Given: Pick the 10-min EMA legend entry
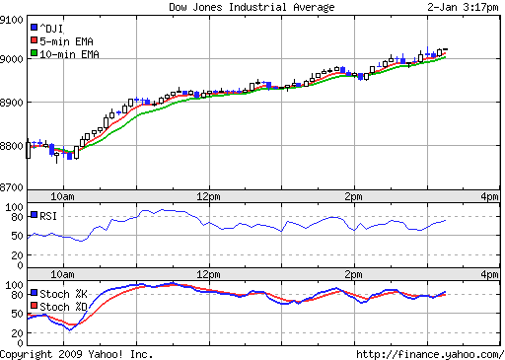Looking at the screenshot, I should [68, 54].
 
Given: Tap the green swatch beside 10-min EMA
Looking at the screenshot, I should [35, 54].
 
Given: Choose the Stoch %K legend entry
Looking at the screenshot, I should [65, 293].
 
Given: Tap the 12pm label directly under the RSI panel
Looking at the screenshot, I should [208, 274].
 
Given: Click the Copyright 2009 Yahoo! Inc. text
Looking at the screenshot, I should [77, 353].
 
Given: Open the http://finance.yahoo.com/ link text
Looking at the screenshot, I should [428, 353].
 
